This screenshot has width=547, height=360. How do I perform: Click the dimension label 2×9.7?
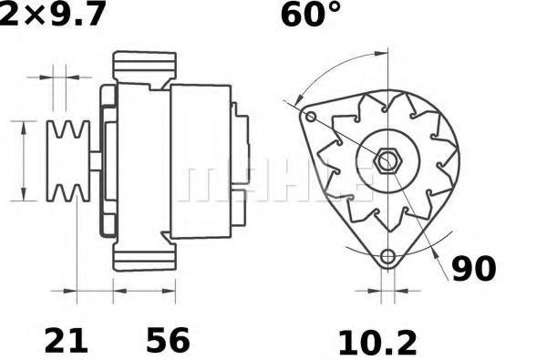click(x=52, y=14)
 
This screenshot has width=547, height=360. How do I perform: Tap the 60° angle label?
click(x=311, y=15)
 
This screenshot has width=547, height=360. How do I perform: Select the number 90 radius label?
click(x=474, y=269)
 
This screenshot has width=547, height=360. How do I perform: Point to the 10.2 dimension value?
click(x=377, y=343)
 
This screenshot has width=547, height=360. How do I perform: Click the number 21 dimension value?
click(x=66, y=340)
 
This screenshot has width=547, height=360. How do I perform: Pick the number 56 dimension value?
click(x=168, y=339)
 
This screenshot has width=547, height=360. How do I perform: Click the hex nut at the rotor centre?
click(x=387, y=160)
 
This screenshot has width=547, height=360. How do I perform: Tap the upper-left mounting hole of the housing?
click(x=311, y=117)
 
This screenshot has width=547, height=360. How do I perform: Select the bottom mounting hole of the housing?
click(x=387, y=256)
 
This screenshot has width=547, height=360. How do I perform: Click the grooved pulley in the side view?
click(x=68, y=160)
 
